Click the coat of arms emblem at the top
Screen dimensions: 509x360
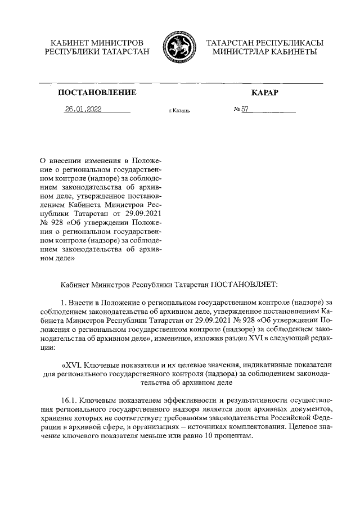[178, 47]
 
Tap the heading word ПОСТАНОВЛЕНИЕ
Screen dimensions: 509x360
[93, 92]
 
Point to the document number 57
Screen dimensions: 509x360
[245, 110]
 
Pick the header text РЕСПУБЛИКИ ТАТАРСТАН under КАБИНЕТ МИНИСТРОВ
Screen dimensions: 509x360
[97, 52]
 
